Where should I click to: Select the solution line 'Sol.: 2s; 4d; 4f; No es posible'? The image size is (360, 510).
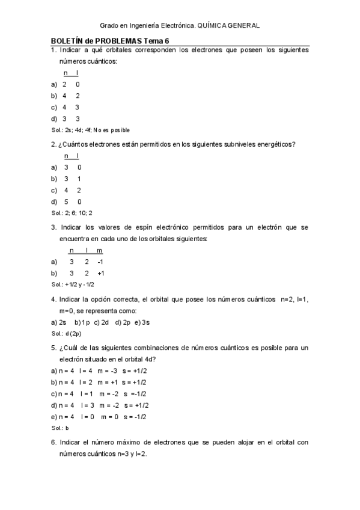(90, 130)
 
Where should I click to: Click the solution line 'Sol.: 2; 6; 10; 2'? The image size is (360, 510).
(72, 213)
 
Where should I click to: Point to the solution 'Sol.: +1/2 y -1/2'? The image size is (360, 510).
(73, 284)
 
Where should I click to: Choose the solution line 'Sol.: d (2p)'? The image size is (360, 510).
(66, 333)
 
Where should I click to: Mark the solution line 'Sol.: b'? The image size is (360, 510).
(60, 428)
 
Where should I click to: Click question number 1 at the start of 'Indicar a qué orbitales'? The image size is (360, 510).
(53, 50)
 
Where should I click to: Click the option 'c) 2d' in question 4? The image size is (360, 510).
(102, 322)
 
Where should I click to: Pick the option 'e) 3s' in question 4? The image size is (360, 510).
(142, 322)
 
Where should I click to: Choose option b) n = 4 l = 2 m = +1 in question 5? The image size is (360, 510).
(99, 382)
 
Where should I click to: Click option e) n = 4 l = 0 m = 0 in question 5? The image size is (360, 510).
(99, 417)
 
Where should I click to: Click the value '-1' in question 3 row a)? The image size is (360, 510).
(100, 262)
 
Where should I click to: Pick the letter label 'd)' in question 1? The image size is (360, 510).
(54, 118)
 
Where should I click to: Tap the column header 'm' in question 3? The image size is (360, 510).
(100, 250)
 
